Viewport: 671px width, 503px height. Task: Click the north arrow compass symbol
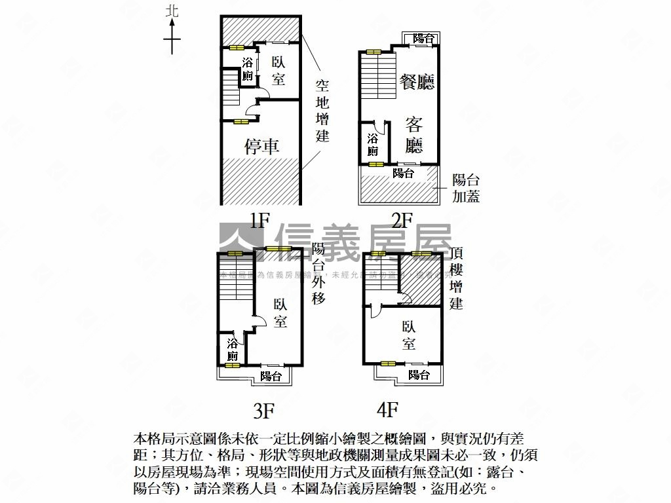tap(172, 33)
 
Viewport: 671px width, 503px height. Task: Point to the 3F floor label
tap(263, 411)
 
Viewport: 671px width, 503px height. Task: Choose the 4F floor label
tap(387, 410)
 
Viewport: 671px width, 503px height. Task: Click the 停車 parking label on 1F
tap(262, 147)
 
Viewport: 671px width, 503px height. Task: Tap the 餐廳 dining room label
tap(417, 82)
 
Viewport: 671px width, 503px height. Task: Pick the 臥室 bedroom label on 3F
tap(280, 313)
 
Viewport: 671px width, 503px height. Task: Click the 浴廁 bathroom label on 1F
tap(248, 69)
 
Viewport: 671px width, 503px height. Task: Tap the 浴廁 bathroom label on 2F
tap(373, 145)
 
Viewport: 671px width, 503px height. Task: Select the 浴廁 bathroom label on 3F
tap(232, 350)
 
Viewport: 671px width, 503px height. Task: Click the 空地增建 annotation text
tap(322, 111)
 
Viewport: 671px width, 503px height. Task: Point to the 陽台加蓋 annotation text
tap(465, 188)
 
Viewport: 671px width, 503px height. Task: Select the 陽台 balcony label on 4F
tap(419, 375)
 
